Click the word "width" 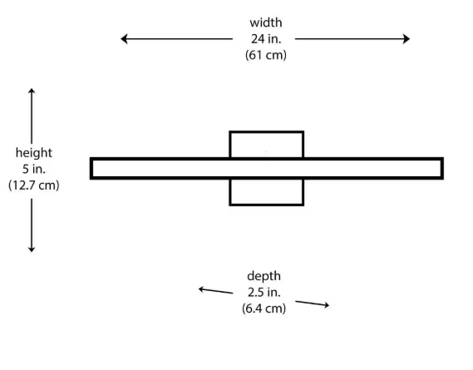click(266, 22)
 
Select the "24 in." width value click(266, 39)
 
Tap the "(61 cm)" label click(266, 55)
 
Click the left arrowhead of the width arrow click(124, 39)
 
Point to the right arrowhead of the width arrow click(406, 39)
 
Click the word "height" click(34, 152)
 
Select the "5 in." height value click(34, 169)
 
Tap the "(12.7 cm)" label click(34, 185)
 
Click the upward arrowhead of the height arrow click(32, 91)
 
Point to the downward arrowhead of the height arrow click(32, 249)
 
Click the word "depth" click(264, 276)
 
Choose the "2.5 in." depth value click(264, 292)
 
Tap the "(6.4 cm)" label click(264, 308)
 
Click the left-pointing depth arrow click(215, 291)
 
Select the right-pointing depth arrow click(313, 303)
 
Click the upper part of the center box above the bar click(266, 132)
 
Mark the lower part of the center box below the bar click(266, 205)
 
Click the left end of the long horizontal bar click(91, 169)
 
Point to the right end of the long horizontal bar click(442, 169)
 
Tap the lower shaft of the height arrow click(32, 224)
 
